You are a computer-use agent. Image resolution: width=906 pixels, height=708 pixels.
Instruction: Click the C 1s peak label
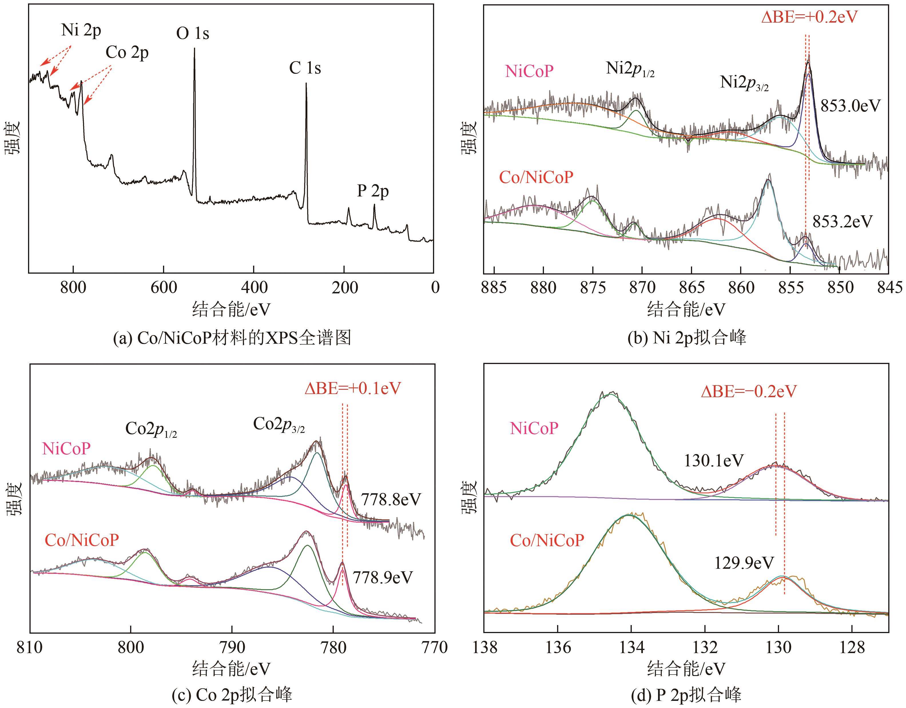pyautogui.click(x=305, y=68)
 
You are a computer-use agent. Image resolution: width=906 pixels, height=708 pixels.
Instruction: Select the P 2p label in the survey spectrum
pyautogui.click(x=373, y=191)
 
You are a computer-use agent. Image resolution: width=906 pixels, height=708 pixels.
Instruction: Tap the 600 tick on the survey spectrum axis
pyautogui.click(x=164, y=287)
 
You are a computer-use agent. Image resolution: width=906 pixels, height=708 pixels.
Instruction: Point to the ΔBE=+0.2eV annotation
pyautogui.click(x=809, y=17)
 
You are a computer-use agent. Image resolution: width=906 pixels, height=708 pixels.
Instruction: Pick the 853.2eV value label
pyautogui.click(x=842, y=222)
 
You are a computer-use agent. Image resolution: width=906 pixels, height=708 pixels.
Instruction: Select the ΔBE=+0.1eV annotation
pyautogui.click(x=353, y=388)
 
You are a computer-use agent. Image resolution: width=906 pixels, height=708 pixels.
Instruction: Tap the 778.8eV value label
pyautogui.click(x=391, y=499)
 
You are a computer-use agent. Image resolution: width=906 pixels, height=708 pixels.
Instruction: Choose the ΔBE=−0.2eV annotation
pyautogui.click(x=749, y=391)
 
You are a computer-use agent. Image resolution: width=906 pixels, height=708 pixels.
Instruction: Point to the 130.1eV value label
pyautogui.click(x=714, y=460)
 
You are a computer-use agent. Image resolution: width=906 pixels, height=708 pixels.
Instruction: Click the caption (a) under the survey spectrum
pyautogui.click(x=232, y=338)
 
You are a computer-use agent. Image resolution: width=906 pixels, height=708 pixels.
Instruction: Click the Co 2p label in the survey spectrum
pyautogui.click(x=127, y=53)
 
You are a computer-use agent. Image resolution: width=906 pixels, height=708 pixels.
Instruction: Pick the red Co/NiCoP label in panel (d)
pyautogui.click(x=547, y=540)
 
